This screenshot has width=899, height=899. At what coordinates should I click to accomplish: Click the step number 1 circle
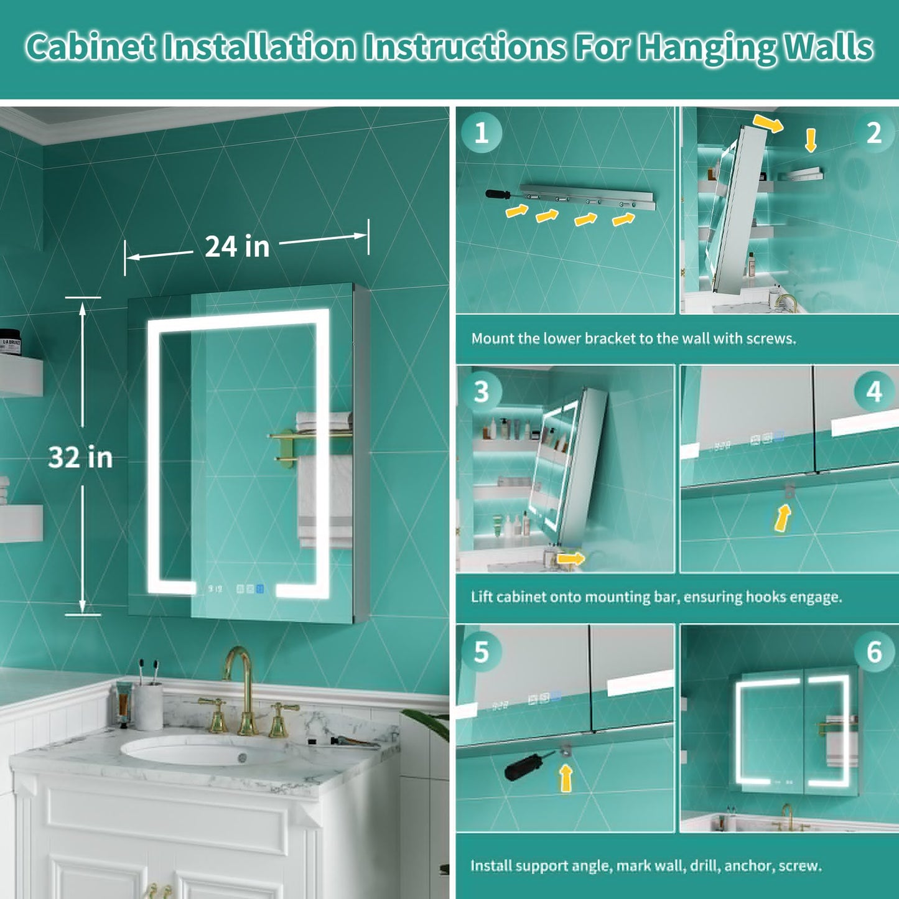482,133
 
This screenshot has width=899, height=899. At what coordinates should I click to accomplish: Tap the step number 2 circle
873,133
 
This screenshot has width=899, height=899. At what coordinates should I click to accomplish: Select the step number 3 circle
482,391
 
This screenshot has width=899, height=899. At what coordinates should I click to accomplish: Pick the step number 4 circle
874,391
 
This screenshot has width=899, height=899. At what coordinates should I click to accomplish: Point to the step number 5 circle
482,651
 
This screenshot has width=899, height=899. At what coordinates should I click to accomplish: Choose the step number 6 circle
874,651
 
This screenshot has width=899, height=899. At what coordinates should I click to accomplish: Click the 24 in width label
237,247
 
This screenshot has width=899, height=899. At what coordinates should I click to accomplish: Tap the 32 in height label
80,457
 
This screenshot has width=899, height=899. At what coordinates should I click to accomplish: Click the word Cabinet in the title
90,47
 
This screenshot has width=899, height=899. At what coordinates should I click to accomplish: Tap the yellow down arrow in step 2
811,141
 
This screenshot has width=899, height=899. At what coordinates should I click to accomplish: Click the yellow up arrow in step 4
783,519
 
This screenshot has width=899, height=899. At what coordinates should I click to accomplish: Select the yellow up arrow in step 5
566,778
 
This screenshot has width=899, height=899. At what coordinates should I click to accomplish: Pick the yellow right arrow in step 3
571,558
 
